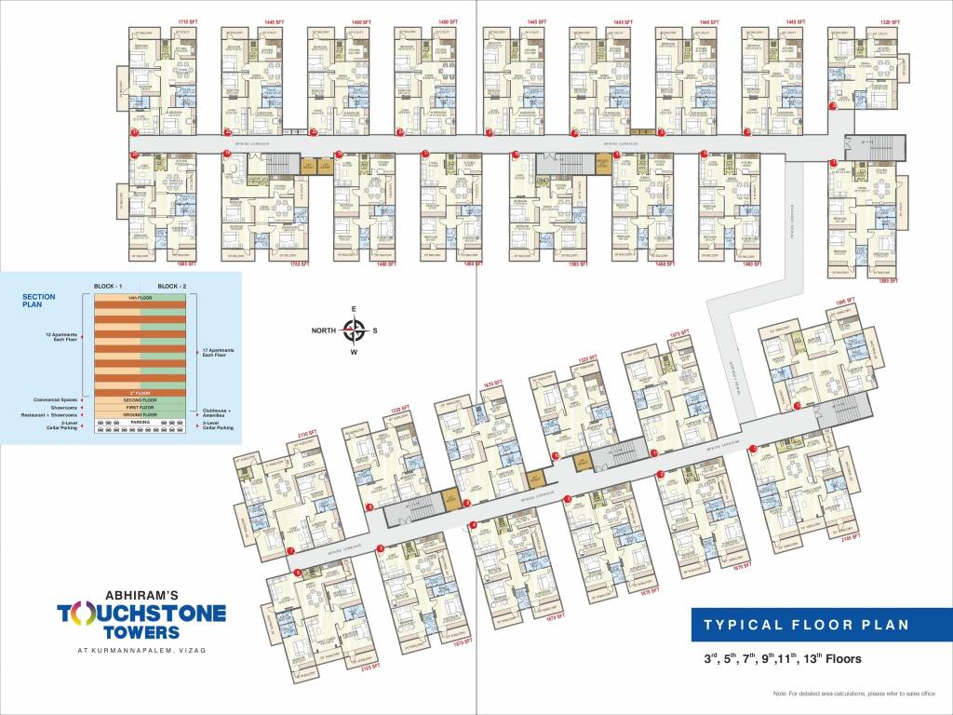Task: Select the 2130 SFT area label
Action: (306, 434)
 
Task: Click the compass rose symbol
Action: (355, 328)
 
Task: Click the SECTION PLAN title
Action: (39, 301)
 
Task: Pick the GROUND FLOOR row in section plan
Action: (141, 414)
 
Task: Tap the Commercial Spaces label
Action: (55, 400)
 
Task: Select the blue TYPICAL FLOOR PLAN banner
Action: (807, 625)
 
